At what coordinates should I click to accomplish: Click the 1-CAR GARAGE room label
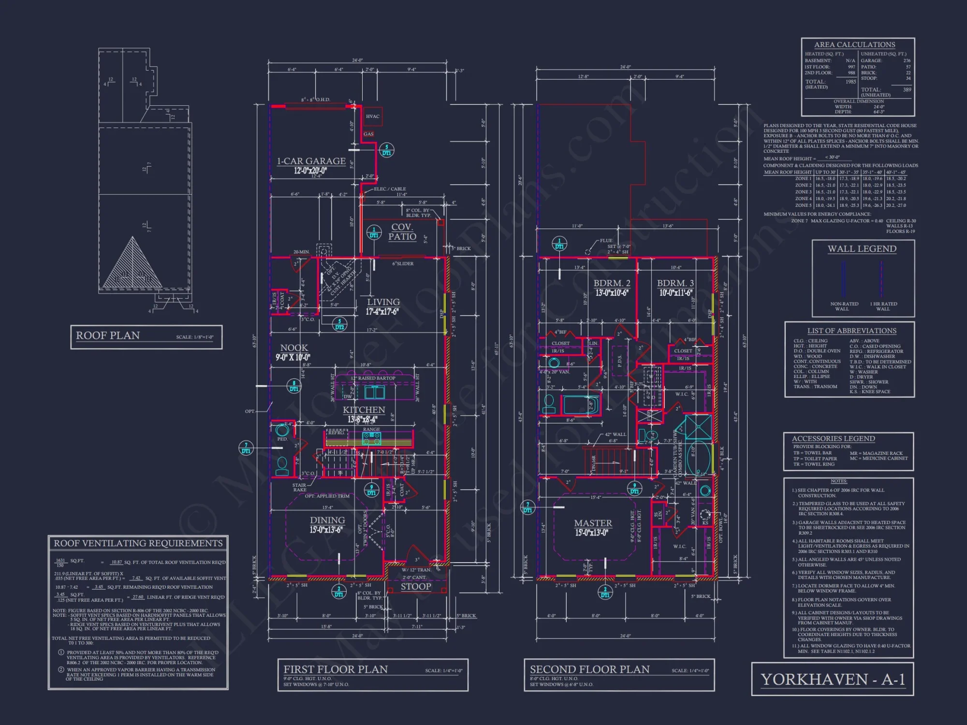tap(311, 161)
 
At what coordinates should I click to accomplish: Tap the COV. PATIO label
tap(402, 232)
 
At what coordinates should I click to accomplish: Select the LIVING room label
tap(383, 302)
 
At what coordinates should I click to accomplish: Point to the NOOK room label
tap(294, 348)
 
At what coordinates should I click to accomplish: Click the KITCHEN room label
tap(364, 410)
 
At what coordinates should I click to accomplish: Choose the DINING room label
tap(327, 520)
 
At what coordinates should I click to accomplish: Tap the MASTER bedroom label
tap(593, 523)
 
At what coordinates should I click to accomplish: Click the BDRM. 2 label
tap(612, 283)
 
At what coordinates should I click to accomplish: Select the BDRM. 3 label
tap(675, 283)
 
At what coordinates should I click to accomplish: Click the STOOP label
tap(416, 586)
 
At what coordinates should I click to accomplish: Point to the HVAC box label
tap(372, 116)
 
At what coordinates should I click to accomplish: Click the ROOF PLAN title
tap(108, 335)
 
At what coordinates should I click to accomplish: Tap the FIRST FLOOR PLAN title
tap(336, 669)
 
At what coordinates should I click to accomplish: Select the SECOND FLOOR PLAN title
tap(589, 669)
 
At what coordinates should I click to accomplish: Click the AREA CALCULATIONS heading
tap(854, 44)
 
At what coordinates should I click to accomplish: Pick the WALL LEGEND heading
tap(862, 249)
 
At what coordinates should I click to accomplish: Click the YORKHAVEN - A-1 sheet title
tap(833, 680)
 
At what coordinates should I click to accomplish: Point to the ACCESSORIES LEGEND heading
tap(833, 438)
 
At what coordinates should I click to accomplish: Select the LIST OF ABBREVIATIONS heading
tap(851, 331)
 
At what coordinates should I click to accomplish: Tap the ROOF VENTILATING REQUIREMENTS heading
tap(138, 543)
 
